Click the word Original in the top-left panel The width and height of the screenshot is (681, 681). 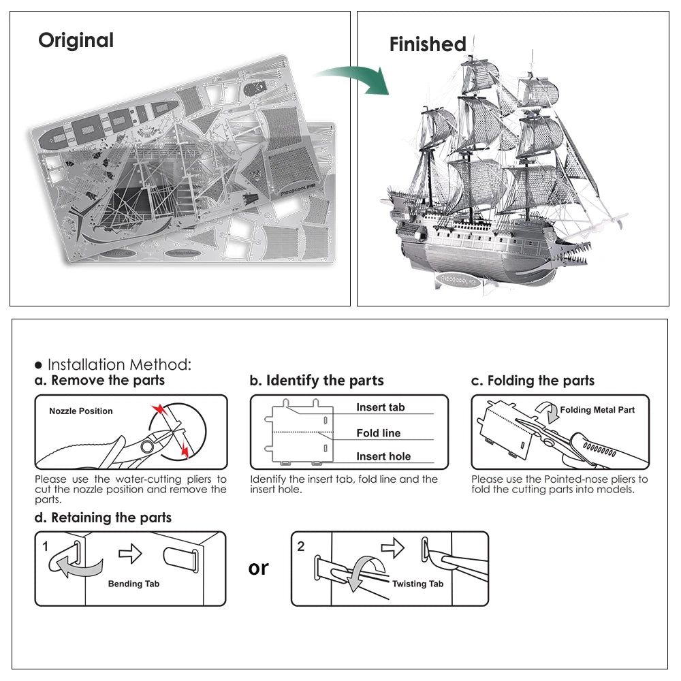pyautogui.click(x=76, y=40)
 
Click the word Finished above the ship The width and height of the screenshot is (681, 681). pyautogui.click(x=428, y=44)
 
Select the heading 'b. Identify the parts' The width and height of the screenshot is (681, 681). pyautogui.click(x=317, y=381)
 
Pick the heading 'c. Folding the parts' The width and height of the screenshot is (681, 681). pyautogui.click(x=533, y=381)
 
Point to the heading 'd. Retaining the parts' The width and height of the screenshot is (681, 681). pyautogui.click(x=103, y=518)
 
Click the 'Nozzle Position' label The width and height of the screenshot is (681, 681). pyautogui.click(x=81, y=411)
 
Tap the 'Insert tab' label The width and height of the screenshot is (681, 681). pyautogui.click(x=380, y=407)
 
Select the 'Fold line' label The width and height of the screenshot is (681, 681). pyautogui.click(x=378, y=433)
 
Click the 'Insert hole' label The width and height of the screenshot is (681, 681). pyautogui.click(x=383, y=457)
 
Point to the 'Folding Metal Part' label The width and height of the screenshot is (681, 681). pyautogui.click(x=597, y=410)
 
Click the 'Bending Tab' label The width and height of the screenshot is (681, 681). pyautogui.click(x=133, y=584)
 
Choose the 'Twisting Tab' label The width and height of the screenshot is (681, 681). pyautogui.click(x=417, y=584)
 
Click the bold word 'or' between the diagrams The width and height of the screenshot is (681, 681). pyautogui.click(x=259, y=567)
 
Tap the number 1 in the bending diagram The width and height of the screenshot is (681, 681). pyautogui.click(x=46, y=546)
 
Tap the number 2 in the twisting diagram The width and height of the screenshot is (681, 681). pyautogui.click(x=301, y=546)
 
